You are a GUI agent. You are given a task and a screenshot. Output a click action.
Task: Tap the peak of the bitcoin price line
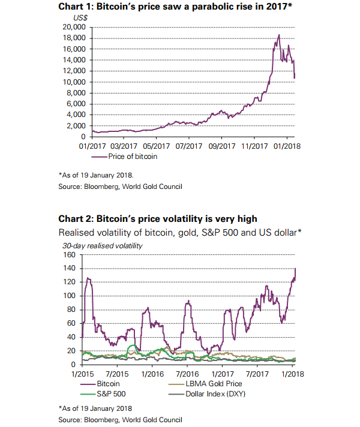pos(278,35)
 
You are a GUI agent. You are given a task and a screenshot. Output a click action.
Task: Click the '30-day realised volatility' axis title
pos(103,245)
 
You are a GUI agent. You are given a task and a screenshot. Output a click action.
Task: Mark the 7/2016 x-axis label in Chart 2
pos(187,372)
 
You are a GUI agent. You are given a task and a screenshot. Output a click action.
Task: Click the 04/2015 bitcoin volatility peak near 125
pos(89,278)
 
